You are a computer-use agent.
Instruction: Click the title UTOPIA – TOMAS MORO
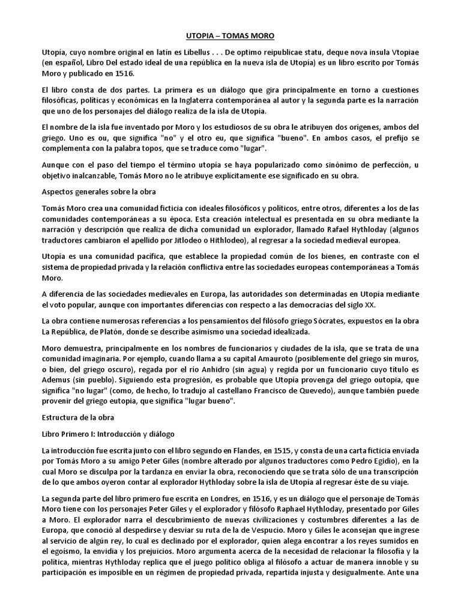tap(230, 36)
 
